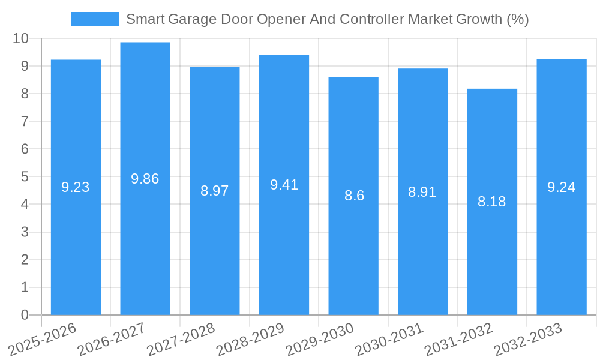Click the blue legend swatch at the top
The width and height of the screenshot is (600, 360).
[94, 19]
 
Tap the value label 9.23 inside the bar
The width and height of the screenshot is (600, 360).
[76, 187]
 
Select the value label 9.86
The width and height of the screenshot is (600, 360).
[145, 179]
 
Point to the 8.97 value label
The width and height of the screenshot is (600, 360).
[215, 191]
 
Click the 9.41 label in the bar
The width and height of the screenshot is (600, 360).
[284, 185]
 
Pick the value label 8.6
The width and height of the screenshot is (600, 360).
[354, 196]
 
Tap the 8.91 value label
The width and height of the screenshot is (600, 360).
[422, 192]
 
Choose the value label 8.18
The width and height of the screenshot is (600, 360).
[492, 202]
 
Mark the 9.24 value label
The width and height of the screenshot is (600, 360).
[562, 187]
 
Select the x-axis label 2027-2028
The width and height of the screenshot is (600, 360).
[181, 338]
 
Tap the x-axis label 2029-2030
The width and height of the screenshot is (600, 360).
[320, 338]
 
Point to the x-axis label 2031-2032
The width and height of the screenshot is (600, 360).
[459, 338]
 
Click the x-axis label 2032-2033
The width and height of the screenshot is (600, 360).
[528, 338]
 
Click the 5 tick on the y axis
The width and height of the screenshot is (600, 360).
[25, 177]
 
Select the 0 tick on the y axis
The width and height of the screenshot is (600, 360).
[25, 315]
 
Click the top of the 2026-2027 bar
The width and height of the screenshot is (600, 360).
[145, 43]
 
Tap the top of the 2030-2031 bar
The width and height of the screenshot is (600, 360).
[422, 69]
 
